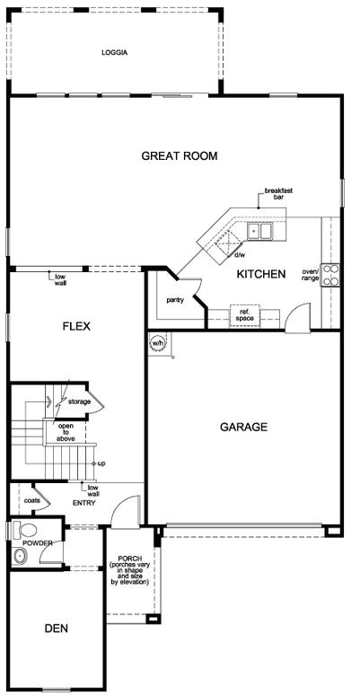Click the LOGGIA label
[x=115, y=53]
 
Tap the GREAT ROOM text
[x=180, y=155]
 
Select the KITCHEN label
[x=260, y=274]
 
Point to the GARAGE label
[x=243, y=427]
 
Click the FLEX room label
[x=76, y=326]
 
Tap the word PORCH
[x=128, y=558]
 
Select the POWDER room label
[x=38, y=543]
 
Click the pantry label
[x=175, y=300]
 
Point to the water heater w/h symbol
[x=158, y=343]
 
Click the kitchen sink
[x=261, y=232]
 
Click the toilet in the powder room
[x=24, y=529]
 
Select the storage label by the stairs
[x=80, y=401]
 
